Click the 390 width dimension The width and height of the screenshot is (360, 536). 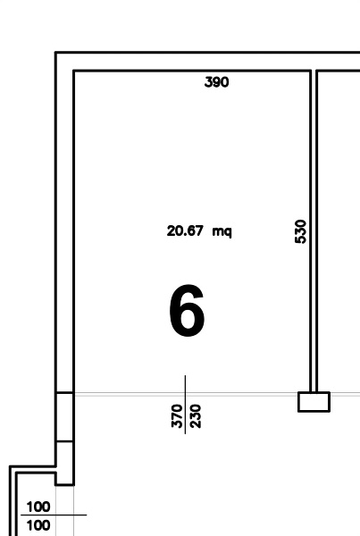[x=216, y=82]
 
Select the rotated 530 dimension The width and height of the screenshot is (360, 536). [x=300, y=231]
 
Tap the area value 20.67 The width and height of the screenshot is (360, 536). [x=185, y=230]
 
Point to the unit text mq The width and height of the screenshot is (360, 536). [x=222, y=231]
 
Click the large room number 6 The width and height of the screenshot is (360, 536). [x=187, y=310]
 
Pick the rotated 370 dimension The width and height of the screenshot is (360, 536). [x=177, y=415]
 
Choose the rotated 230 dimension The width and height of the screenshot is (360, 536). [x=196, y=416]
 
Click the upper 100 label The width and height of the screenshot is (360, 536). [x=38, y=507]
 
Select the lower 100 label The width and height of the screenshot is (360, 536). [x=38, y=525]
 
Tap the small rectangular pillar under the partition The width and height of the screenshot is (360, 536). [x=314, y=402]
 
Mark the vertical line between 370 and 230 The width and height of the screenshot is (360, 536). [x=185, y=405]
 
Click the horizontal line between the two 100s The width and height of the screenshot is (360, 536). [x=54, y=515]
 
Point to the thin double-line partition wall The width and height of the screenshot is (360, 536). [x=314, y=231]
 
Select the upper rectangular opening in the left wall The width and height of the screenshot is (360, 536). [x=64, y=417]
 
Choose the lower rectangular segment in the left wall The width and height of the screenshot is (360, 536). [x=64, y=463]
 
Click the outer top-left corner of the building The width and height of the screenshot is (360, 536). [x=55, y=52]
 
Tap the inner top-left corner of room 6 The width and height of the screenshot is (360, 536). [x=74, y=71]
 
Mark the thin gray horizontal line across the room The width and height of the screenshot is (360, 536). [x=217, y=393]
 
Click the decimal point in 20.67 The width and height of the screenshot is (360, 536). [x=185, y=235]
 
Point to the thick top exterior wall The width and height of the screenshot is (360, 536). [x=207, y=62]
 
